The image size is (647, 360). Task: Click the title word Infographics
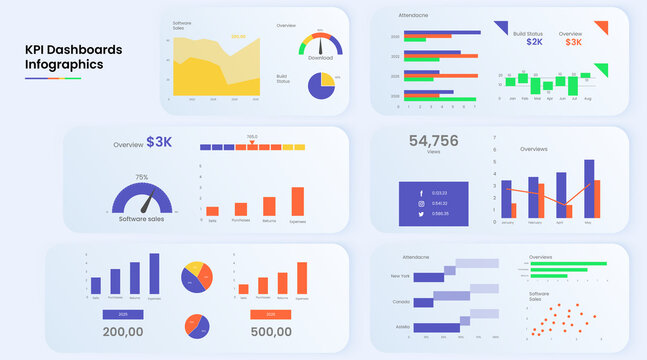point(64,66)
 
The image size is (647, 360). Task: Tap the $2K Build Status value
point(535,42)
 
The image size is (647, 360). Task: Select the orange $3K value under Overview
point(573,42)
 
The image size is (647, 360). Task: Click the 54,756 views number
point(433,141)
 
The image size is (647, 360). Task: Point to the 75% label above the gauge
point(141,177)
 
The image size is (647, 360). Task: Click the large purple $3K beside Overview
point(159,142)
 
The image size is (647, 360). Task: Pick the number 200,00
point(124,330)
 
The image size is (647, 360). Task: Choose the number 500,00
point(271,330)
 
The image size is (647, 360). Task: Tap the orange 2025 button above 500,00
point(271,313)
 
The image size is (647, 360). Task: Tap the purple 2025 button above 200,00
point(124,313)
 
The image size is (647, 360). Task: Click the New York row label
point(400,275)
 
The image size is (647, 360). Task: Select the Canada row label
point(400,300)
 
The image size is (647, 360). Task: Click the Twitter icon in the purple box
point(421,214)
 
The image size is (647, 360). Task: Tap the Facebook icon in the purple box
point(421,192)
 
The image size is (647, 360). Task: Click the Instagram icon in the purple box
point(421,203)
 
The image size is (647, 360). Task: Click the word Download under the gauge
point(320,58)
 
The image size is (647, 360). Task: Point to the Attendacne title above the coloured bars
point(413,16)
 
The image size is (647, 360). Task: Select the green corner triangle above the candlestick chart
point(601,70)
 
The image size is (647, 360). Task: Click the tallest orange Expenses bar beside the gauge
point(297,201)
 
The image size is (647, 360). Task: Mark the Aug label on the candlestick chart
point(587,99)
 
